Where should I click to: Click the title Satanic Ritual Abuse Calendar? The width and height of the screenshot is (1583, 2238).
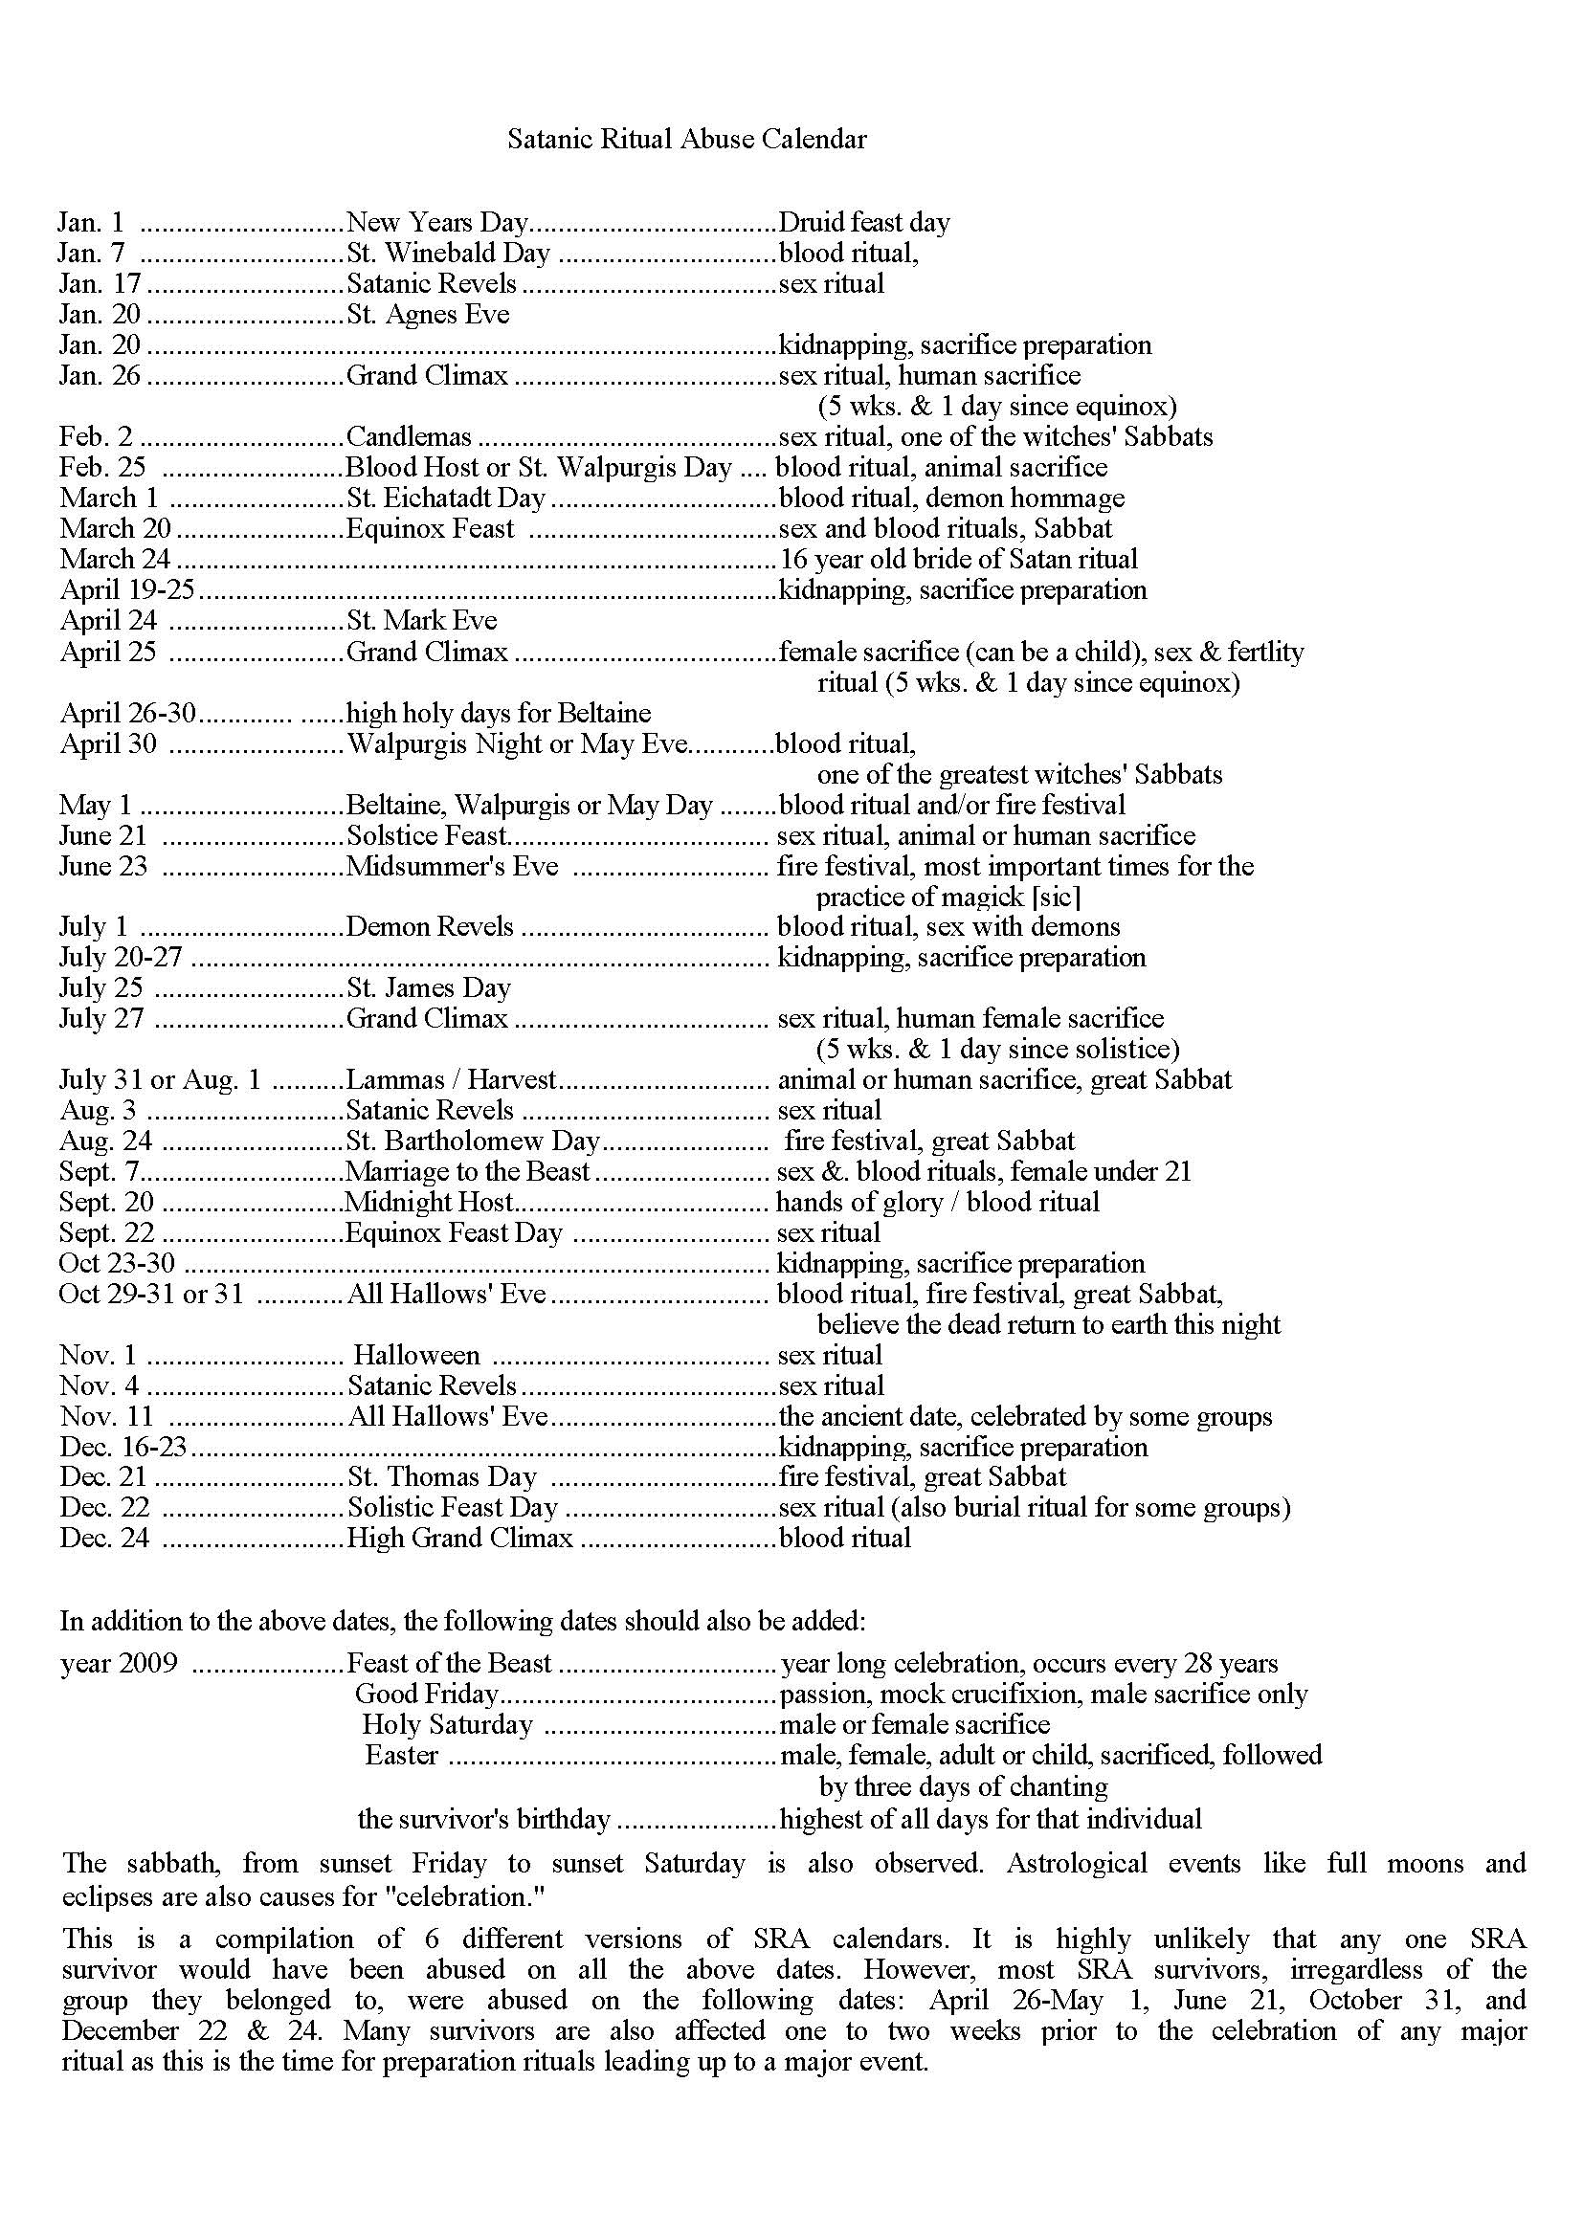coord(686,139)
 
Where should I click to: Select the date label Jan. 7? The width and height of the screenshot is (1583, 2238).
coord(92,254)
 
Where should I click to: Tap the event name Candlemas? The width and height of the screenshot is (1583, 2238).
coord(409,436)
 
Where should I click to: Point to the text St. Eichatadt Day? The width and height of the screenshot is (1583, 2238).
coord(445,499)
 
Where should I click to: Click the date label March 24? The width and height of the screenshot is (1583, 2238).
coord(115,560)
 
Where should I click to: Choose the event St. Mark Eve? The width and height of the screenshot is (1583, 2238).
coord(421,621)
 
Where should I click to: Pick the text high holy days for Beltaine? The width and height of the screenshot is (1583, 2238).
coord(499,713)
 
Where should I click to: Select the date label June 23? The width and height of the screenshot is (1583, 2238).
coord(103,866)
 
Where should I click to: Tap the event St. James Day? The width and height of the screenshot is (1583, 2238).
coord(429,988)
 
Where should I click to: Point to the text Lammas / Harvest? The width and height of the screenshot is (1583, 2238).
coord(451,1080)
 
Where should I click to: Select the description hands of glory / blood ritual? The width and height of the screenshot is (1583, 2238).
coord(937,1202)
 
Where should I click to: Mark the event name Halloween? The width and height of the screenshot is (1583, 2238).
coord(416,1355)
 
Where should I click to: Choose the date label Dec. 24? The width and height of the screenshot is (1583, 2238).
coord(104,1539)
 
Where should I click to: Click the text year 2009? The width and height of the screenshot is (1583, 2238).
coord(119,1663)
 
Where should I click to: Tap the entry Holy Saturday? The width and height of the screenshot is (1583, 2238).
coord(447,1724)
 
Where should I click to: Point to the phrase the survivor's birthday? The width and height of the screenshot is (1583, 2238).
coord(483,1819)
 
